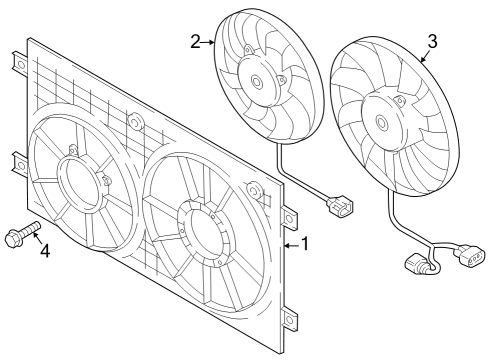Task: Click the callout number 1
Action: click(305, 244)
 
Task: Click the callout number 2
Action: click(196, 42)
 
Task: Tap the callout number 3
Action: click(432, 42)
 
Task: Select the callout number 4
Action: click(45, 251)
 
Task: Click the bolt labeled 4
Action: click(22, 233)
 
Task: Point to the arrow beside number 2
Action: click(208, 42)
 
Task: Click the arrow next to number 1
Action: click(292, 246)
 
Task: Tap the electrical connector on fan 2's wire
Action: click(340, 204)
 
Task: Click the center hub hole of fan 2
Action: click(257, 81)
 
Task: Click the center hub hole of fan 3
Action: click(382, 123)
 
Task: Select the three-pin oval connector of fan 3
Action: click(472, 256)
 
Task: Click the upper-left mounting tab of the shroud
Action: click(20, 63)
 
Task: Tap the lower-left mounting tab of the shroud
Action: click(20, 164)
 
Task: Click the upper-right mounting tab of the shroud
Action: click(289, 218)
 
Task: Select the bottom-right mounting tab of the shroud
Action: click(289, 319)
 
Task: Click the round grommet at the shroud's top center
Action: click(136, 121)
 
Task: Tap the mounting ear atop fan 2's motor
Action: click(249, 50)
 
